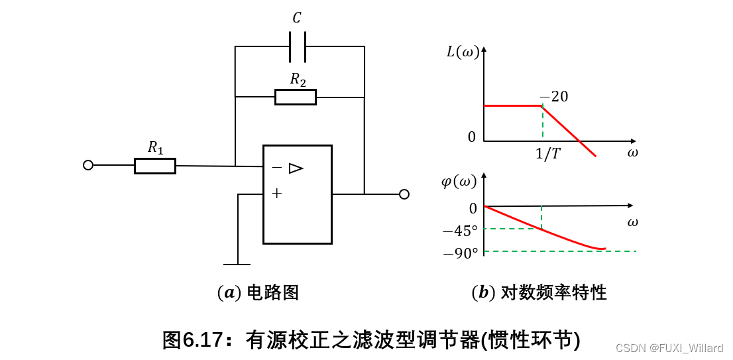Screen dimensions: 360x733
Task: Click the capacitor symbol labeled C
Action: tap(298, 46)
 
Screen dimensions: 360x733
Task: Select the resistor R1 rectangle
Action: tap(155, 166)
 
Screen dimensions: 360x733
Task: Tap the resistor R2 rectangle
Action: tap(296, 97)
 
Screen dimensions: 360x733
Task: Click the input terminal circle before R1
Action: tap(88, 165)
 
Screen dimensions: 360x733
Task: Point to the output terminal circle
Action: tap(404, 194)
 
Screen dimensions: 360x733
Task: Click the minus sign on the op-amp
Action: tap(276, 168)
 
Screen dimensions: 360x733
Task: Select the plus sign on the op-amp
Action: tap(276, 194)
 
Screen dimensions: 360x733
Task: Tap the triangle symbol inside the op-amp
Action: tap(296, 168)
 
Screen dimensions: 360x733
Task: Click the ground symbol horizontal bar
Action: tap(237, 264)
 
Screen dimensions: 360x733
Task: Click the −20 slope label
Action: tap(553, 97)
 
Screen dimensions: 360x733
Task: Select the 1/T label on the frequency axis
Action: tap(547, 154)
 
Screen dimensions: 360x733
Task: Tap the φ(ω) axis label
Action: tap(459, 180)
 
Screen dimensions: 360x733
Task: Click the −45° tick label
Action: tap(460, 231)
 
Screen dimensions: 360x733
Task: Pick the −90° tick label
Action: tap(460, 253)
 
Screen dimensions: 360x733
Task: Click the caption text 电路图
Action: tap(272, 292)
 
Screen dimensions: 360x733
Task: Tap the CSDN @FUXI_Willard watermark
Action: tap(669, 348)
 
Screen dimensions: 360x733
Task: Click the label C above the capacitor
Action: tap(297, 18)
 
